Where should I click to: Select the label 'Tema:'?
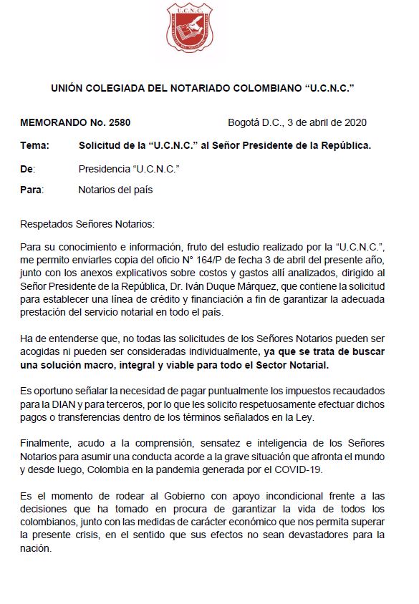[x=35, y=146]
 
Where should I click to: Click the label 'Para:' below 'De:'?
[x=32, y=190]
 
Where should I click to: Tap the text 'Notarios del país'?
[x=115, y=190]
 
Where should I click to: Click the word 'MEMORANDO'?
[x=52, y=122]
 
